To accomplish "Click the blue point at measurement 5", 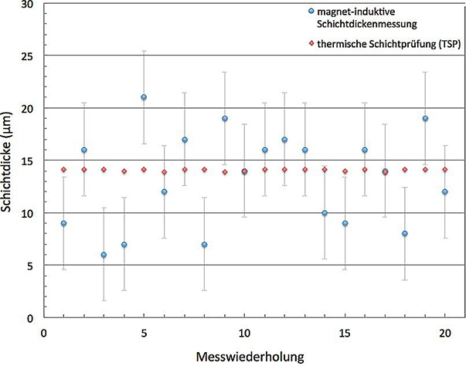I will pos(144,97).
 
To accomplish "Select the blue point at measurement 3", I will pos(104,255).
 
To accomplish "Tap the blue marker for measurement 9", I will pos(224,118).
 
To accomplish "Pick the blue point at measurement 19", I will pos(425,118).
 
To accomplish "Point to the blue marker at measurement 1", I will pos(63,223).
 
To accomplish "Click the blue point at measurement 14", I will pos(325,213).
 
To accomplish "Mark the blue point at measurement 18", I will pos(405,233).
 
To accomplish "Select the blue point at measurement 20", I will pos(445,191).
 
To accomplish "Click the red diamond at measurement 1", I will pos(63,170).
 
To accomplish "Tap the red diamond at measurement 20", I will pos(445,170).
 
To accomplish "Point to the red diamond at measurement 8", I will pos(204,170).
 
